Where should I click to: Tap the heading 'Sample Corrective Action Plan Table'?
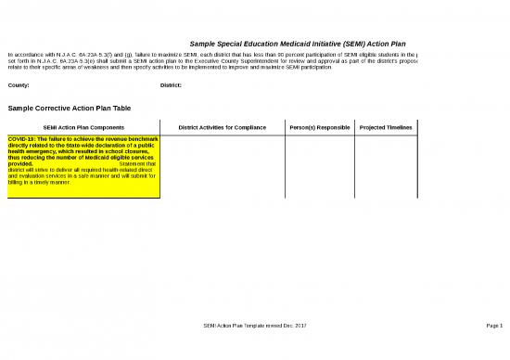pyautogui.click(x=69, y=109)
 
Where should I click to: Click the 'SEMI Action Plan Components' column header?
pyautogui.click(x=83, y=127)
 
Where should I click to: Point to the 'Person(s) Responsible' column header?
pyautogui.click(x=319, y=127)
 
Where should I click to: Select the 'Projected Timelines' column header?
pyautogui.click(x=385, y=127)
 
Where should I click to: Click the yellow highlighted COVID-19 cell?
pyautogui.click(x=83, y=167)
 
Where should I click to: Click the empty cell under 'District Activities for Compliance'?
pyautogui.click(x=222, y=167)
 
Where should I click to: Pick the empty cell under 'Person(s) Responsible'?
pyautogui.click(x=319, y=167)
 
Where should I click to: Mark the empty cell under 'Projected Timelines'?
pyautogui.click(x=385, y=167)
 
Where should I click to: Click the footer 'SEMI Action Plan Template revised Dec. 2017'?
pyautogui.click(x=254, y=325)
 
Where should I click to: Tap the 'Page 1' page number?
pyautogui.click(x=493, y=325)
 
